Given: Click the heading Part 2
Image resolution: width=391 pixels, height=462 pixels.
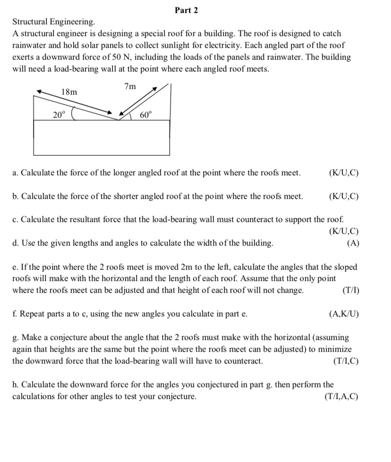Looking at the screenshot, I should (x=186, y=10).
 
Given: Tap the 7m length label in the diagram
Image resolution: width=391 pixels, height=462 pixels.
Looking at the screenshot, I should (x=130, y=86).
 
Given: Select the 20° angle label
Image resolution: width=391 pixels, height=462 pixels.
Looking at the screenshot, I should (x=59, y=114).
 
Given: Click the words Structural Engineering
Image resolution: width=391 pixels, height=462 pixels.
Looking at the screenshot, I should (x=53, y=22).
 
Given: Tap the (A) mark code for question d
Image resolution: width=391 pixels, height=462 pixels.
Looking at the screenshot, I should (x=352, y=243).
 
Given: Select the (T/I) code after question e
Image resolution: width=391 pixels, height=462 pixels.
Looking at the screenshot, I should (x=349, y=290).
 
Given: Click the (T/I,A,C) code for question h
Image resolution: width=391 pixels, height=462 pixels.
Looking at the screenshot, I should (x=341, y=396).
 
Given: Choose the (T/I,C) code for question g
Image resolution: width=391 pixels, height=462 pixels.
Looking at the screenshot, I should (x=346, y=361).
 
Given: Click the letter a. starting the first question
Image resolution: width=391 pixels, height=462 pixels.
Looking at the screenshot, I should (x=15, y=173).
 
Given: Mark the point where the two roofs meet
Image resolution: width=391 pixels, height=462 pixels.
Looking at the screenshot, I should (x=119, y=120).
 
